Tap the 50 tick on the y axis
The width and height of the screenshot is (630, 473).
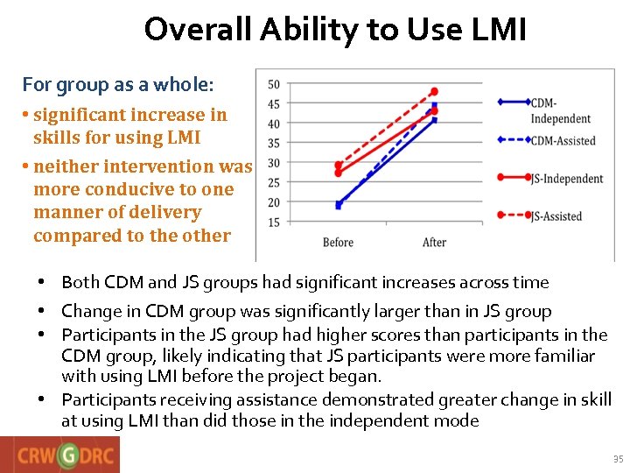coord(273,85)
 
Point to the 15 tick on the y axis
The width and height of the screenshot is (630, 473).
coord(273,222)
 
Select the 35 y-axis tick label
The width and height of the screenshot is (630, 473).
coord(273,144)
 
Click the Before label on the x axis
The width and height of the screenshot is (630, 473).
coord(338,243)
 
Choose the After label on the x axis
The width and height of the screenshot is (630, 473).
coord(434,243)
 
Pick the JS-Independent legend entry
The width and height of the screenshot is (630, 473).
coord(566,179)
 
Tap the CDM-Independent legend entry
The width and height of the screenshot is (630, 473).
coord(560,110)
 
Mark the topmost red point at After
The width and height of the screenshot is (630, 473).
coord(434,91)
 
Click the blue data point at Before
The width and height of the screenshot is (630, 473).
coord(339,205)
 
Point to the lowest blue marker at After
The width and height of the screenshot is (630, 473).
coord(434,120)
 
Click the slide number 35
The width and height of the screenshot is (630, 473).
coord(618,459)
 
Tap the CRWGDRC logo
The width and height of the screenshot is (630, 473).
coord(60,455)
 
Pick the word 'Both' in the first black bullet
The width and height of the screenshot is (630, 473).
coord(80,282)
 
